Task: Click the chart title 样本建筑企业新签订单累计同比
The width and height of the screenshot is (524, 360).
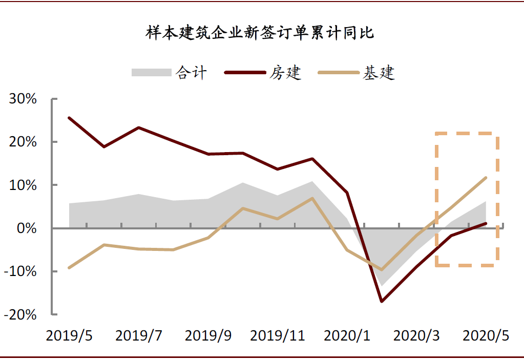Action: tap(261, 33)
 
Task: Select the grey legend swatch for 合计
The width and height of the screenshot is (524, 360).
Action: tap(151, 72)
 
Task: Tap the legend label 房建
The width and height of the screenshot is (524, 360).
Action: tap(285, 73)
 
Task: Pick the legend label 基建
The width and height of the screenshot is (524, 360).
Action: tap(379, 73)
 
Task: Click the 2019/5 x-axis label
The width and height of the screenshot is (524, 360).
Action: tap(69, 336)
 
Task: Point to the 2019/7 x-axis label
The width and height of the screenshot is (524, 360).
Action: tap(139, 336)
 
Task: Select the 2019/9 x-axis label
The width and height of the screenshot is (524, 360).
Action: tap(208, 336)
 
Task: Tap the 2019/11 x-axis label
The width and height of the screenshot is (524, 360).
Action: tap(278, 336)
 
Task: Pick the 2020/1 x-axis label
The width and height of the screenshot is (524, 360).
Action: tap(347, 336)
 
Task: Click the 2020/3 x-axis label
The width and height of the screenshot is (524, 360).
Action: tap(416, 336)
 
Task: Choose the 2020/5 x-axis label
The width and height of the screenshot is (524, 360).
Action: tap(486, 336)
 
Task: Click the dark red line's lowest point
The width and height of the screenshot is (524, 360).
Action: tap(381, 301)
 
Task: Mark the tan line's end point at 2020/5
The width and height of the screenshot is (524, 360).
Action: tap(486, 178)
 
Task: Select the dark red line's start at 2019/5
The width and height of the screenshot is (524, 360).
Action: tap(69, 118)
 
